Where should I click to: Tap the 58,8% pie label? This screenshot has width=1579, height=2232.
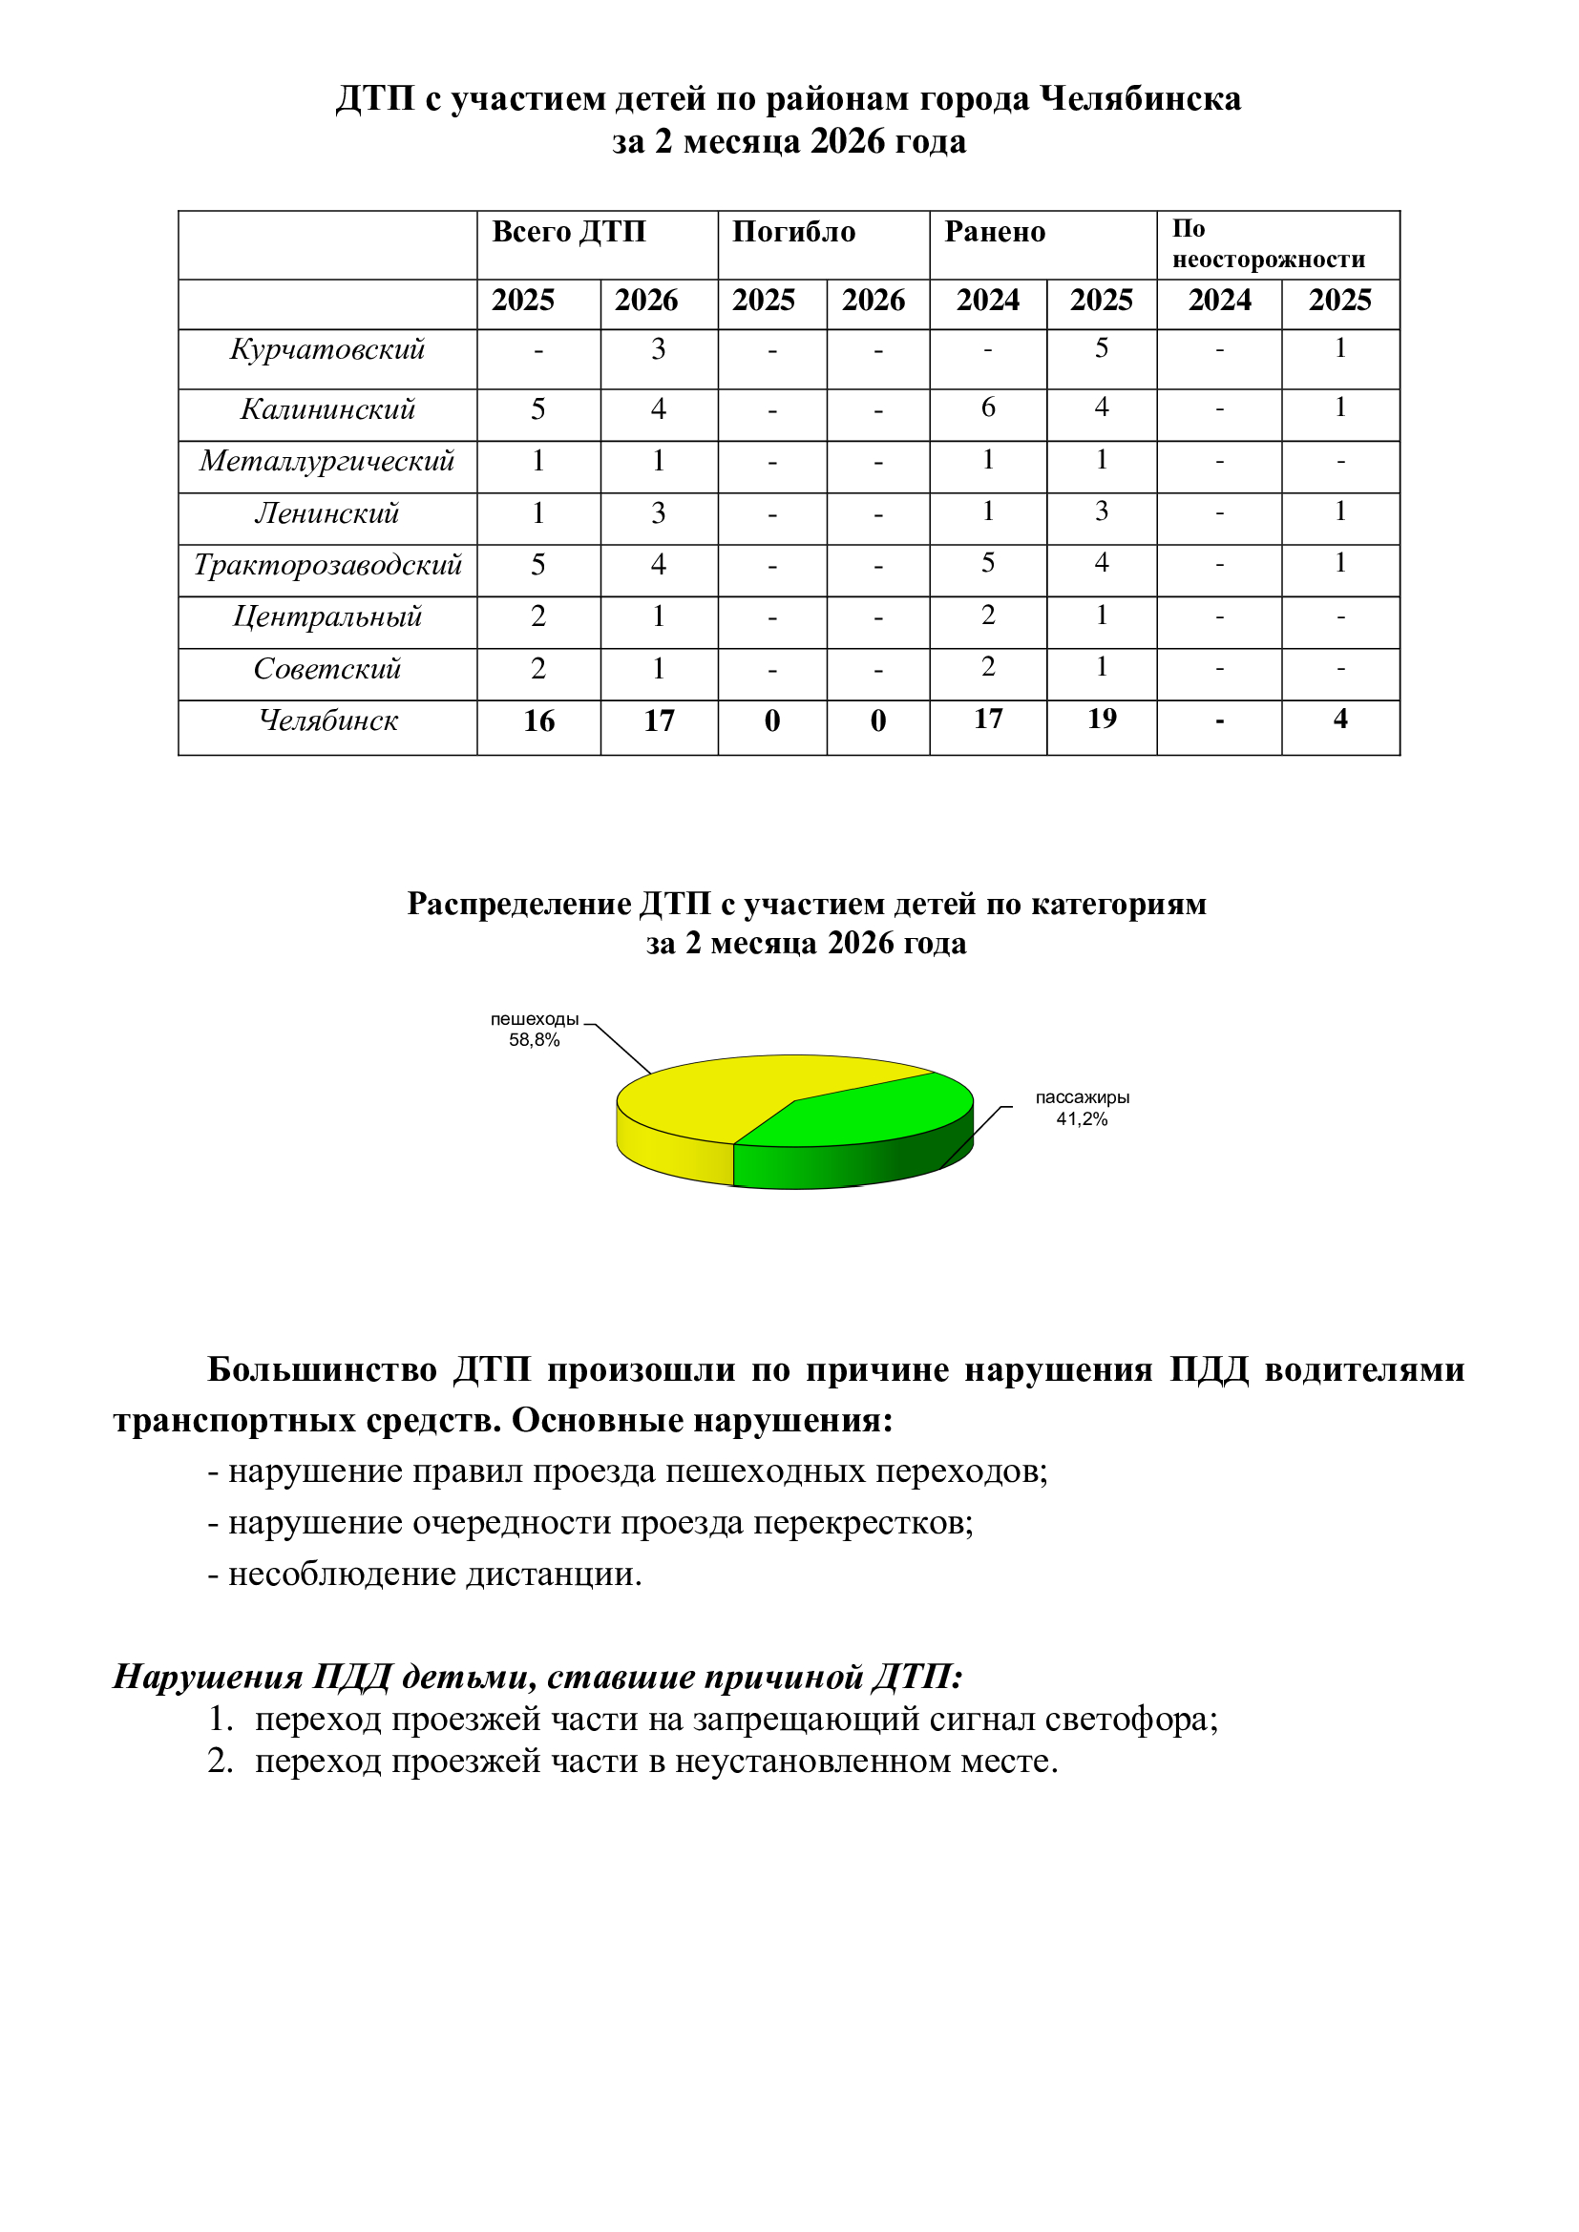[x=534, y=1040]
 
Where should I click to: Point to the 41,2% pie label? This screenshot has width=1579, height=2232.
[x=1082, y=1119]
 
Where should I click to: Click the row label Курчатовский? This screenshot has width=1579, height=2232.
[x=326, y=350]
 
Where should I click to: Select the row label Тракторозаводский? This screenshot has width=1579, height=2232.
[x=326, y=565]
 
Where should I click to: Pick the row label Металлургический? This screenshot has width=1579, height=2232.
[x=326, y=461]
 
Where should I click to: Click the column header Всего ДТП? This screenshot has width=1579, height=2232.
[x=569, y=232]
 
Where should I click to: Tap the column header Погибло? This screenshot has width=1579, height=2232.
[x=793, y=232]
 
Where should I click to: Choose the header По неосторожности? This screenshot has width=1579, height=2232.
[x=1268, y=244]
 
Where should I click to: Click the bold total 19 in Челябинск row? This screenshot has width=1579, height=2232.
[x=1102, y=720]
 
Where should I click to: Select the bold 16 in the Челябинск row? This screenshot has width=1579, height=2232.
[x=538, y=721]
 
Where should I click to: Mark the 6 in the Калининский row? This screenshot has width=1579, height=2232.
[x=988, y=407]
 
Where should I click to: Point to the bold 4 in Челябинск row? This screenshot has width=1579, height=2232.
[x=1339, y=720]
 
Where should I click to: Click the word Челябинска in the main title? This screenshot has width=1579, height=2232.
[x=1140, y=99]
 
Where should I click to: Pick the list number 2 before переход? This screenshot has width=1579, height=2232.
[x=220, y=1762]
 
